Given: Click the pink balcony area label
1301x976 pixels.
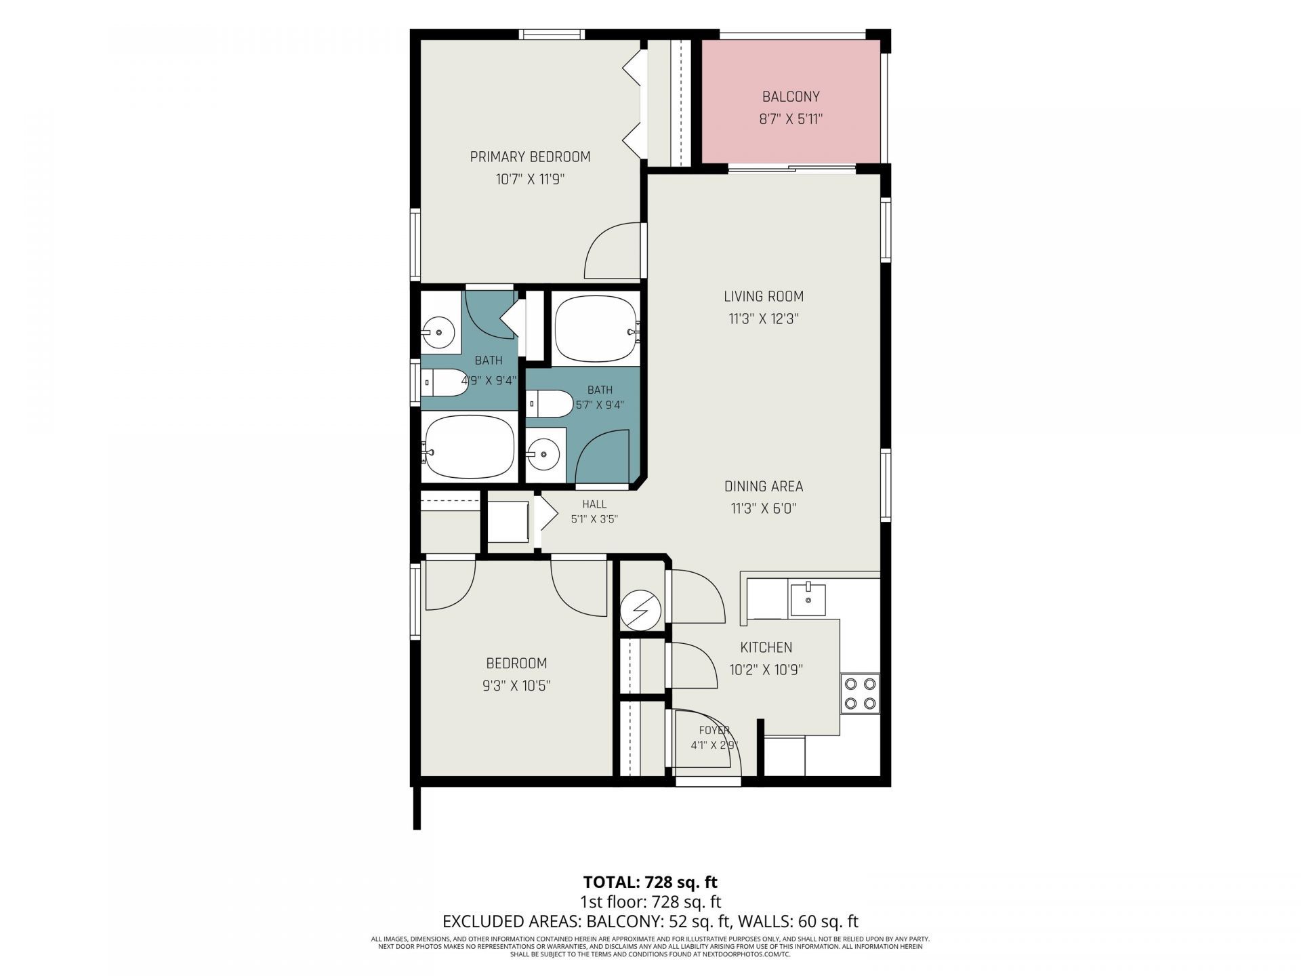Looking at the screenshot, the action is pyautogui.click(x=791, y=97).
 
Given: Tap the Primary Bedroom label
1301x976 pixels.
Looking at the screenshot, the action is pyautogui.click(x=531, y=157).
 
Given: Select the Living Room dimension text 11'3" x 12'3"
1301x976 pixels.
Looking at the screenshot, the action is pyautogui.click(x=764, y=319).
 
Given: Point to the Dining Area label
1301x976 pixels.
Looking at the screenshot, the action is pyautogui.click(x=764, y=486).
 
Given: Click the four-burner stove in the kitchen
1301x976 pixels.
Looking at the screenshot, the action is pyautogui.click(x=860, y=694).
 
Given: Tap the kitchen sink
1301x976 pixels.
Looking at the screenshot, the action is pyautogui.click(x=808, y=599).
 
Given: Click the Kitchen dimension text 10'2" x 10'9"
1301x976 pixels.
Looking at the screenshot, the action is pyautogui.click(x=766, y=670).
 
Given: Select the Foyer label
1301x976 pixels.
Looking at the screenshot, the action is pyautogui.click(x=714, y=730).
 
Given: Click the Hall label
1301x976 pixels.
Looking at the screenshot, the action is pyautogui.click(x=594, y=504).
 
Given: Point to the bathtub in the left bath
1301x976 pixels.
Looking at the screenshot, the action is pyautogui.click(x=469, y=447).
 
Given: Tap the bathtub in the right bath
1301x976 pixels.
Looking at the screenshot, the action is pyautogui.click(x=596, y=329).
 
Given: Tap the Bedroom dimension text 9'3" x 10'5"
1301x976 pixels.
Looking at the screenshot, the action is pyautogui.click(x=516, y=686).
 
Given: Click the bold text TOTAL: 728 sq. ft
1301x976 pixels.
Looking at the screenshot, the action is pyautogui.click(x=650, y=882).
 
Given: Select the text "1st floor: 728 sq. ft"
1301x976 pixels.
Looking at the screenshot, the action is pyautogui.click(x=650, y=902).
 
